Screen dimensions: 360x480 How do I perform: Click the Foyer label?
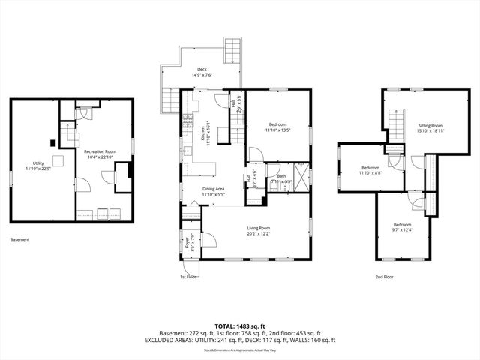(188, 241)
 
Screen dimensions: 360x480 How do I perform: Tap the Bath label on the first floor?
(281, 178)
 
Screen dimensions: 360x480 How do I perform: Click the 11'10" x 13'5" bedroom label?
(277, 127)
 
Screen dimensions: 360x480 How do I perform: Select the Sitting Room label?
(430, 127)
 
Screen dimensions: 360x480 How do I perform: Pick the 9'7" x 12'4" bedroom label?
(402, 226)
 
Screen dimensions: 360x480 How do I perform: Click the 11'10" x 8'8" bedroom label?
(371, 170)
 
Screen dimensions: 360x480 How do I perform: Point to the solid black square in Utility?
(51, 142)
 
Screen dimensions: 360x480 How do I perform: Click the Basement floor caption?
(20, 240)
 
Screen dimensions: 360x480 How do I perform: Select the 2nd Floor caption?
(384, 277)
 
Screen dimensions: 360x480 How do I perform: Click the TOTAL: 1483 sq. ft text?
(240, 325)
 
